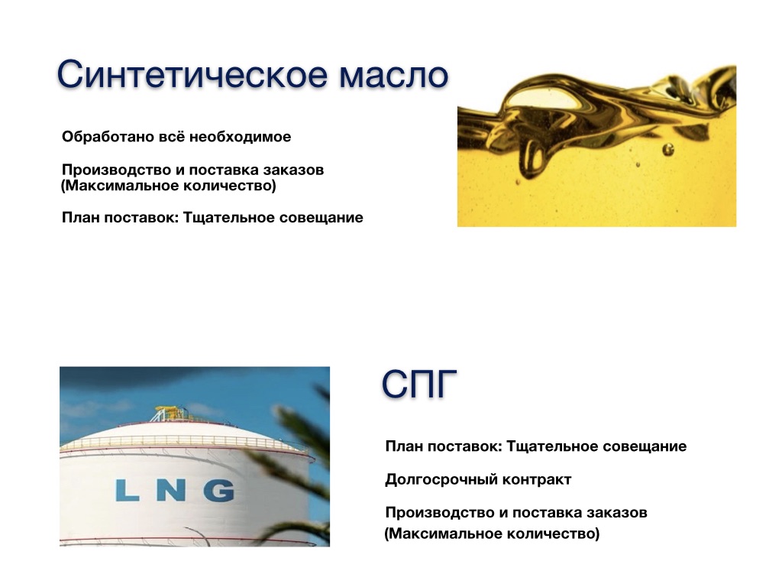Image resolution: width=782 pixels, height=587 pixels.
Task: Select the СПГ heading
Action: click(x=419, y=384)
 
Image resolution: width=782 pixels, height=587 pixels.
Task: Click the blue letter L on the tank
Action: click(x=127, y=490)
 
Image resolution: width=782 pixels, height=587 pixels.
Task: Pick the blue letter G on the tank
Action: click(x=219, y=490)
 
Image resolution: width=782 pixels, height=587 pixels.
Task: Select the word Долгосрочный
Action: click(x=441, y=480)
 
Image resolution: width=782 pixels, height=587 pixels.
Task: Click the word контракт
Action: click(x=537, y=480)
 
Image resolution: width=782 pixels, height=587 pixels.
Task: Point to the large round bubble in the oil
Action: click(x=667, y=149)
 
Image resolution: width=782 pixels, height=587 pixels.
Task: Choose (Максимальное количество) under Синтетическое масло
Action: click(x=169, y=186)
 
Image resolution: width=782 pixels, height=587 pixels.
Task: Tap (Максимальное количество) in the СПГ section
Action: click(x=492, y=533)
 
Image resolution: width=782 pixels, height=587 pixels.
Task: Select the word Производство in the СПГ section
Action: click(x=440, y=513)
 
